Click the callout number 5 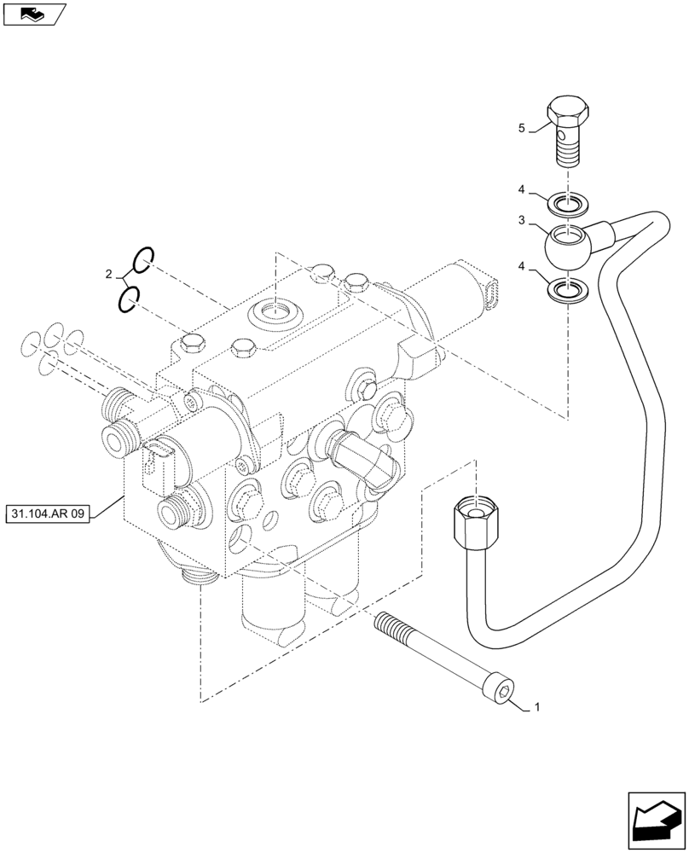coord(522,128)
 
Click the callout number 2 coord(108,274)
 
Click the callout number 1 coord(536,707)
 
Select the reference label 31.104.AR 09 coord(49,514)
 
